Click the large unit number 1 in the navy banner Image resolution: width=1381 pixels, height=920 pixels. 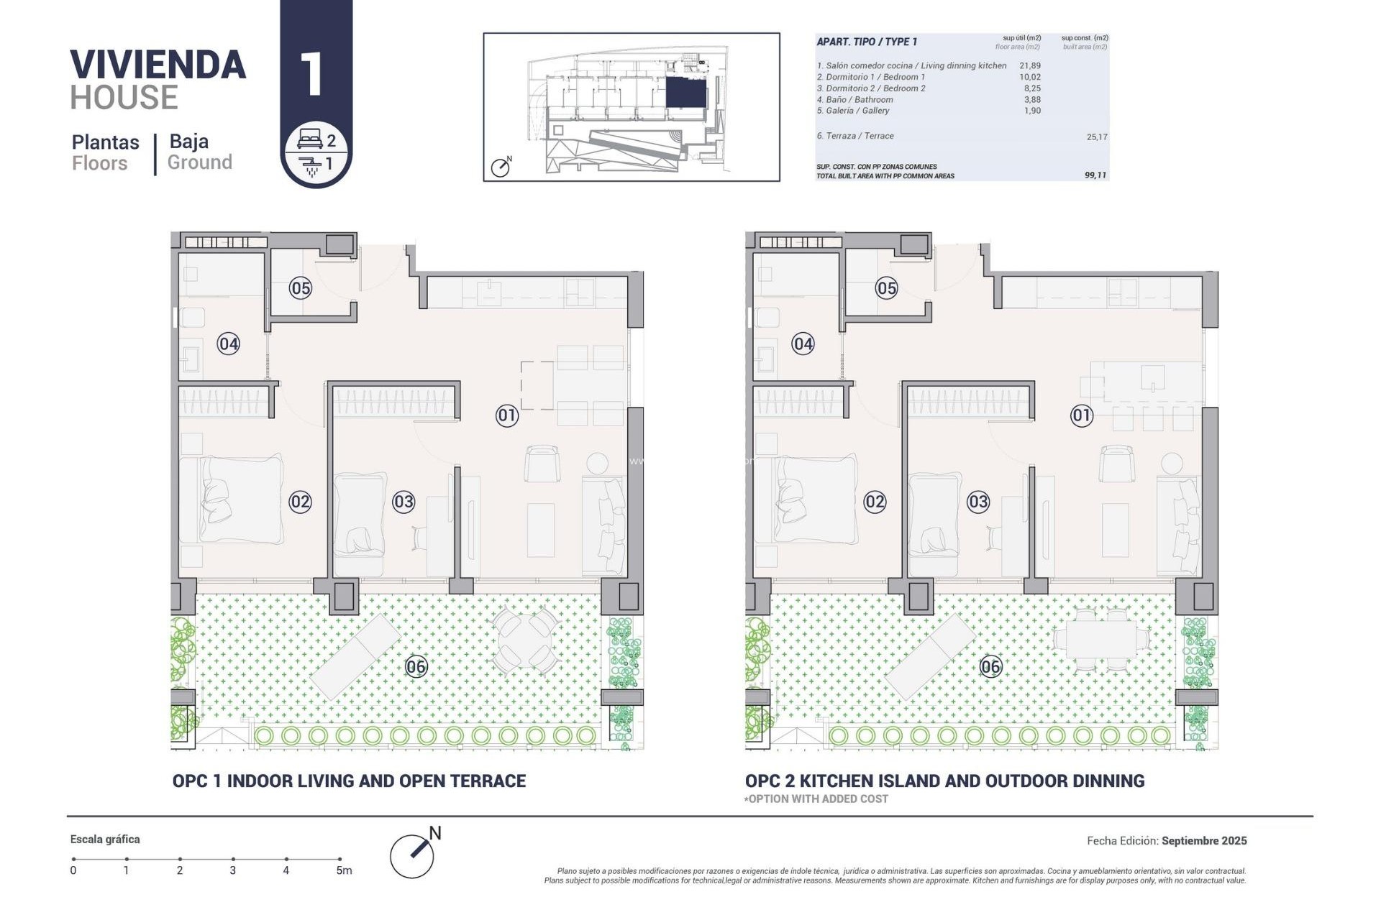coord(311,73)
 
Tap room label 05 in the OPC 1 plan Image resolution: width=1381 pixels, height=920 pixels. coord(300,288)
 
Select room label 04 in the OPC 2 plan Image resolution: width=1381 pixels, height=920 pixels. coord(803,344)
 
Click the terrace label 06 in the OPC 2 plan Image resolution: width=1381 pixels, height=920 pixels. coord(990,666)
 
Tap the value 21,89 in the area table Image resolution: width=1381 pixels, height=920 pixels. coord(1030,65)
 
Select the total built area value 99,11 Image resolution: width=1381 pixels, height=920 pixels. coord(1095,175)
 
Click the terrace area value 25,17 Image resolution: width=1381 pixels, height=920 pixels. coord(1096,137)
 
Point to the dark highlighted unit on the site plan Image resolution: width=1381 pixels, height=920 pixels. coord(685,93)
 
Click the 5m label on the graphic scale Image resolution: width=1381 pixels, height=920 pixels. coord(344,870)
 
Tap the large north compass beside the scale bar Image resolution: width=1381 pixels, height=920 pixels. coord(413,855)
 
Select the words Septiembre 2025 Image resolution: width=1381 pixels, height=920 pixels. coord(1203,840)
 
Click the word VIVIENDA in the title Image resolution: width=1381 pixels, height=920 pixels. coord(158,65)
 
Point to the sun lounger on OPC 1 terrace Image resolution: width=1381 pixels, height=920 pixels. coord(356,655)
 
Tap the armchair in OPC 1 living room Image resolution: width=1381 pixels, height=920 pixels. coord(542,464)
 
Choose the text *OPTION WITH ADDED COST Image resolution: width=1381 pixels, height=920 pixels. coord(816,799)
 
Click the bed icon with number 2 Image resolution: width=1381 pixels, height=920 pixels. coord(311,139)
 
